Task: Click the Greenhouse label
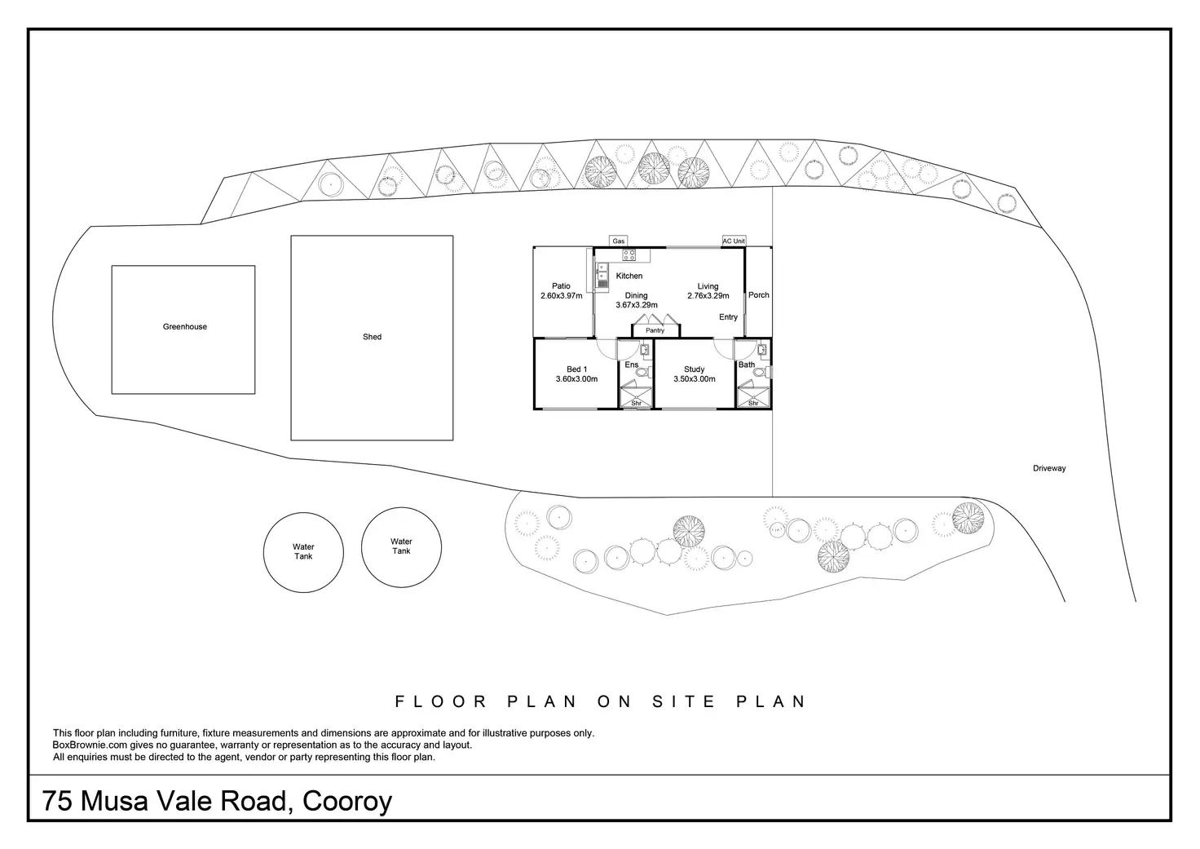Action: (185, 326)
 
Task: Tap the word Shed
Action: (372, 337)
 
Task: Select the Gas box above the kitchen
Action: (618, 241)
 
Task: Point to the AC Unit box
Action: (734, 241)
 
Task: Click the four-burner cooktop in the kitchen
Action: (629, 255)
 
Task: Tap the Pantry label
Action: (655, 330)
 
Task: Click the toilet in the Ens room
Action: (643, 372)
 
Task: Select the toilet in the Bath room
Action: (763, 372)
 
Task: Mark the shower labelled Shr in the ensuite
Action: (637, 394)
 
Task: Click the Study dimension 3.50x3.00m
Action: (695, 379)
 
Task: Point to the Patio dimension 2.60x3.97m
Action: (562, 295)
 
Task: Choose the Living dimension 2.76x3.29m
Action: (708, 295)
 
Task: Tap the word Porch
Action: (759, 294)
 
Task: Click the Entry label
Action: (728, 316)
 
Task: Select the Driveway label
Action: (1049, 468)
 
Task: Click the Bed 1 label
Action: (576, 369)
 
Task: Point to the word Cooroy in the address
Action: (347, 802)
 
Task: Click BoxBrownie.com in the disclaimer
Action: (90, 745)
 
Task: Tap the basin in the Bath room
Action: (761, 350)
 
